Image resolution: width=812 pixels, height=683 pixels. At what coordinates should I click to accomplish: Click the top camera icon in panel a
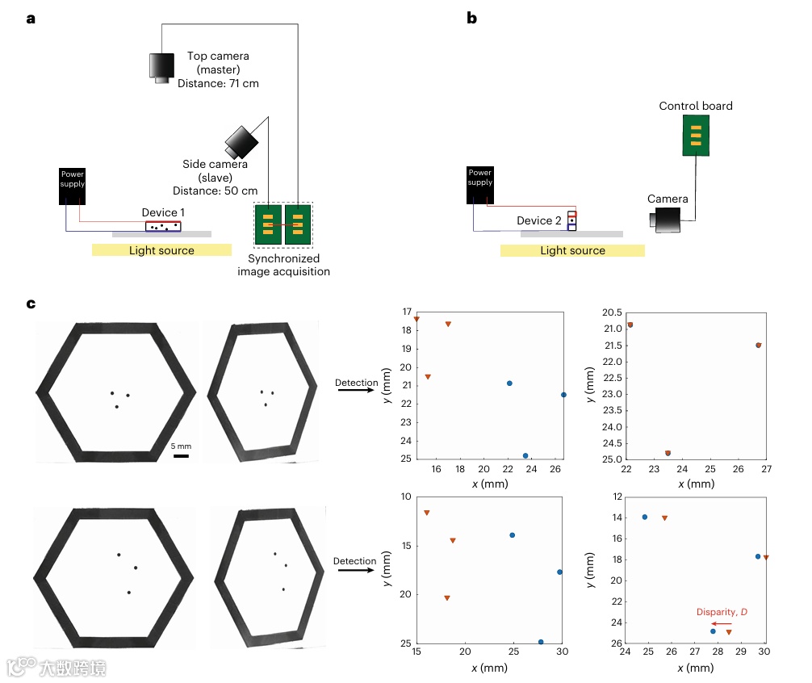tap(161, 66)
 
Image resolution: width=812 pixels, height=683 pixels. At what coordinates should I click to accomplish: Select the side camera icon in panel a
tap(241, 142)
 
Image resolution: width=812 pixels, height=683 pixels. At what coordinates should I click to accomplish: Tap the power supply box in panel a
tap(72, 186)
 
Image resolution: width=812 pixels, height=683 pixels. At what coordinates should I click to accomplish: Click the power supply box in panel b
tap(479, 185)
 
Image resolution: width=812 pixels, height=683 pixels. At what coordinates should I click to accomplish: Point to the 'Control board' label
tap(696, 106)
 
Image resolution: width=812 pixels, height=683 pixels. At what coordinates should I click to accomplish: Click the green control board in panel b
tap(696, 135)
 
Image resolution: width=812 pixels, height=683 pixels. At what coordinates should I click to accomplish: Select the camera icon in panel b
tap(667, 220)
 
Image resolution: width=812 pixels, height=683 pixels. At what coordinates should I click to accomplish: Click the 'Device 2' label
tap(539, 220)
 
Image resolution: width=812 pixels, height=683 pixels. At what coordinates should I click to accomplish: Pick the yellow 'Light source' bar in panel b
tap(572, 250)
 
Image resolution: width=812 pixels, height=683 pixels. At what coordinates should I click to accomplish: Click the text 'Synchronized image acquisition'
tap(283, 265)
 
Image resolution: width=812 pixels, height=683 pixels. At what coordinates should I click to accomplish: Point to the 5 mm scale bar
tap(181, 456)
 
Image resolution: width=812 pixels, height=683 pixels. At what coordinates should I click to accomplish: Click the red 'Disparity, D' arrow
tap(722, 624)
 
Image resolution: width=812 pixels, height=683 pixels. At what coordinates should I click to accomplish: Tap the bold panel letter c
tap(31, 304)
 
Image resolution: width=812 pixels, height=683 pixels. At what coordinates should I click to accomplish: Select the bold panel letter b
tap(471, 18)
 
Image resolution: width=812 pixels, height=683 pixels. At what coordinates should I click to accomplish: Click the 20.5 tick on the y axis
tap(608, 312)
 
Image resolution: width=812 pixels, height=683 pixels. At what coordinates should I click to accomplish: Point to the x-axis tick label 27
tap(765, 470)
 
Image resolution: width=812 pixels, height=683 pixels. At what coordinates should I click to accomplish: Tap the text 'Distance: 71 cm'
tap(218, 83)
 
